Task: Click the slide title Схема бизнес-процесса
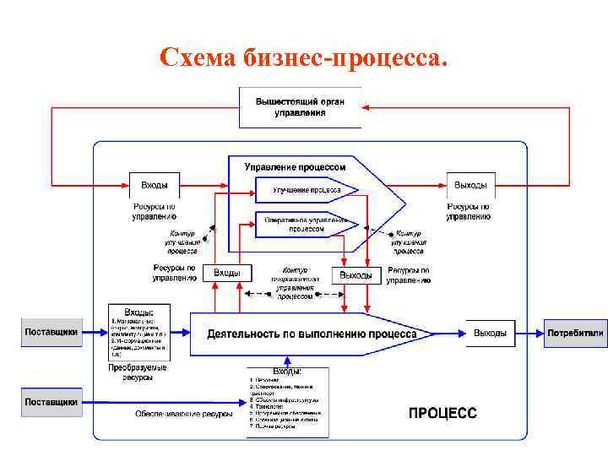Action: (x=304, y=57)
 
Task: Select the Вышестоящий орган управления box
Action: (x=301, y=107)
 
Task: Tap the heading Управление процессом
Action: (x=295, y=167)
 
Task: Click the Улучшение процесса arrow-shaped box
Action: (x=306, y=190)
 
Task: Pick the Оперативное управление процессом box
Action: (x=306, y=225)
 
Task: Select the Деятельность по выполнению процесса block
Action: (x=312, y=334)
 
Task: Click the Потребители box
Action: (x=575, y=333)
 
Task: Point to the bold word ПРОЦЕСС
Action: (x=443, y=413)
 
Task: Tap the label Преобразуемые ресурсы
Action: (x=138, y=372)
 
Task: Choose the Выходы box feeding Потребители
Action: (x=490, y=333)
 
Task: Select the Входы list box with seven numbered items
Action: (x=287, y=403)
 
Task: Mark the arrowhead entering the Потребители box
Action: (x=540, y=333)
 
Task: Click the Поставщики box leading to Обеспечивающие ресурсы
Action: (x=52, y=402)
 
